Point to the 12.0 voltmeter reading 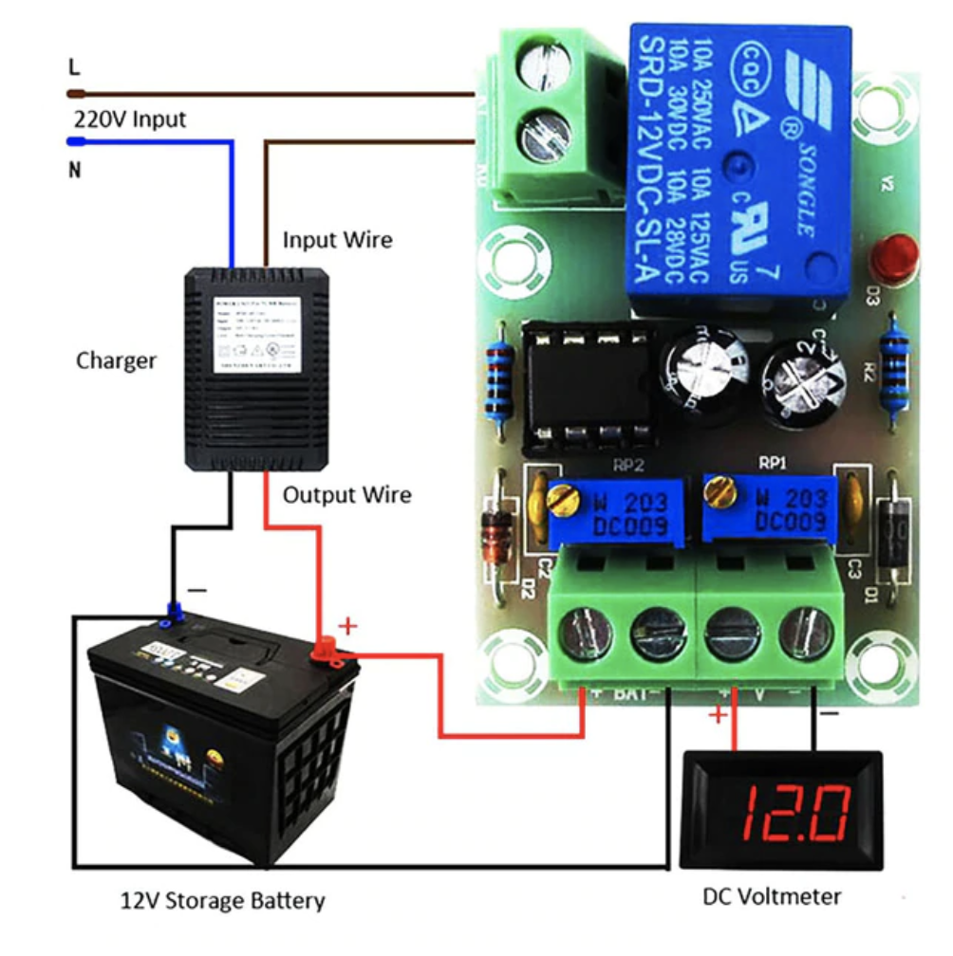795,814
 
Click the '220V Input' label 130,120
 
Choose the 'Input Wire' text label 337,240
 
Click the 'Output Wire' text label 347,495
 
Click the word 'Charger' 116,361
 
